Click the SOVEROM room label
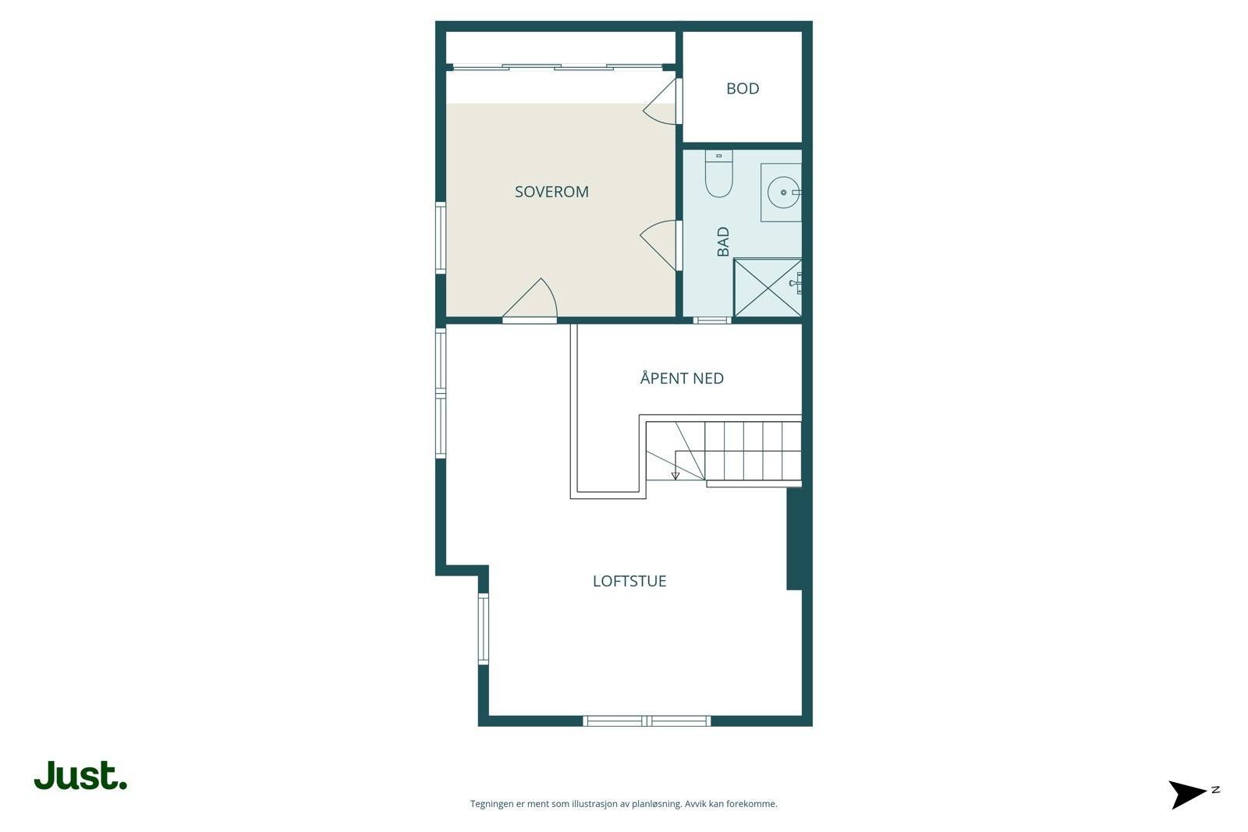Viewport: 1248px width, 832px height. pyautogui.click(x=551, y=192)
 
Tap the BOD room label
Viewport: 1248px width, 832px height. pyautogui.click(x=743, y=89)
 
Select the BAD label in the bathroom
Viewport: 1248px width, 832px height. pyautogui.click(x=723, y=242)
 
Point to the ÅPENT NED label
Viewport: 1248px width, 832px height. pyautogui.click(x=682, y=378)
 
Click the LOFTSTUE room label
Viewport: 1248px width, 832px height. pyautogui.click(x=629, y=581)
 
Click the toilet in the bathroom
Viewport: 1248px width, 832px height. pyautogui.click(x=718, y=175)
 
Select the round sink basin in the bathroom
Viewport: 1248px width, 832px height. pyautogui.click(x=782, y=192)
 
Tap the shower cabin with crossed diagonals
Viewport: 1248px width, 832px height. pyautogui.click(x=768, y=288)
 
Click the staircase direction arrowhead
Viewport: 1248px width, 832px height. pyautogui.click(x=675, y=475)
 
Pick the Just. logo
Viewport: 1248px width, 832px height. pyautogui.click(x=80, y=776)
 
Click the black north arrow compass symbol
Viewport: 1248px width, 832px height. pyautogui.click(x=1187, y=794)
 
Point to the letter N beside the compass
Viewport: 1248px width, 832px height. pyautogui.click(x=1215, y=790)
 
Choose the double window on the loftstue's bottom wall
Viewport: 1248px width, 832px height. pyautogui.click(x=647, y=720)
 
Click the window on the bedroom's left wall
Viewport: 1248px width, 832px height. pyautogui.click(x=441, y=237)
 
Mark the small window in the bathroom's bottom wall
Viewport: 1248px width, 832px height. pyautogui.click(x=711, y=320)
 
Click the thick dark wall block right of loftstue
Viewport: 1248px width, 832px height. pyautogui.click(x=794, y=538)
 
